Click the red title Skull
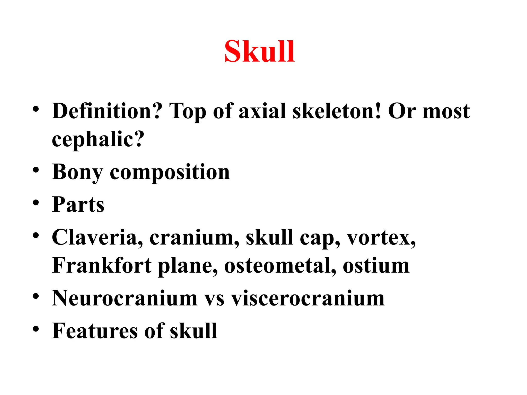260,51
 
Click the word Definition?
107,111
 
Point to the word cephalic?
98,139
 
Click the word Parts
78,205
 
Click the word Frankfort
102,265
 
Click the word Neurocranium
125,298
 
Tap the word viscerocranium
308,298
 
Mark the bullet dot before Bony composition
36,170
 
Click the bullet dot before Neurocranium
36,296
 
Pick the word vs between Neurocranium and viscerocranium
214,299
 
